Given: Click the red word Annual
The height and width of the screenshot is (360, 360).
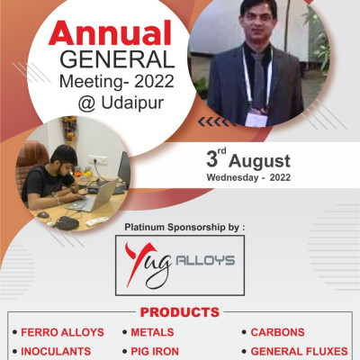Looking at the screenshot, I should click(109, 33).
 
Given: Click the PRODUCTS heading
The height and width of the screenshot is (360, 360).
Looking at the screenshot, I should click(180, 312).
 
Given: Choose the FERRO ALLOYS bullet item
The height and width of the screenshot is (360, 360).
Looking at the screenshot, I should click(62, 332).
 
